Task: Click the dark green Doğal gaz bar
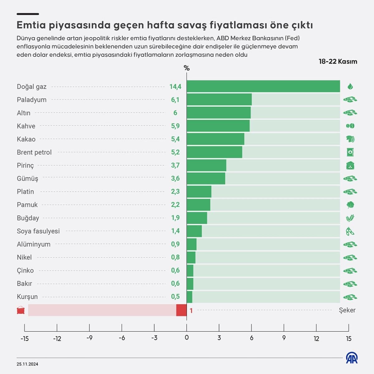pos(263,86)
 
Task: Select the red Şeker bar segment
pos(181,310)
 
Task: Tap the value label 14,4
pos(175,87)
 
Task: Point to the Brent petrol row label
pos(34,152)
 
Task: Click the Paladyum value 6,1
pos(175,100)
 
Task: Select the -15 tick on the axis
pos(25,338)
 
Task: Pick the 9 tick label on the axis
pos(284,338)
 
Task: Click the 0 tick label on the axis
pos(187,338)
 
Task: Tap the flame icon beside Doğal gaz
pos(350,86)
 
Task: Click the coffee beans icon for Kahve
pos(350,126)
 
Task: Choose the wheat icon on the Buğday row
pos(350,218)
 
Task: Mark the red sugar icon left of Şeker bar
pos(21,310)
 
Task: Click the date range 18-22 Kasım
pos(338,61)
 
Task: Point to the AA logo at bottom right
pos(352,358)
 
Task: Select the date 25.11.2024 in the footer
pos(27,364)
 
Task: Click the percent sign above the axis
pos(187,68)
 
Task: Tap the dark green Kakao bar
pos(215,139)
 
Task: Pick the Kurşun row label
pos(27,297)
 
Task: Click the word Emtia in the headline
pos(31,25)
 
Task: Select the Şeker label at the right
pos(347,310)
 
